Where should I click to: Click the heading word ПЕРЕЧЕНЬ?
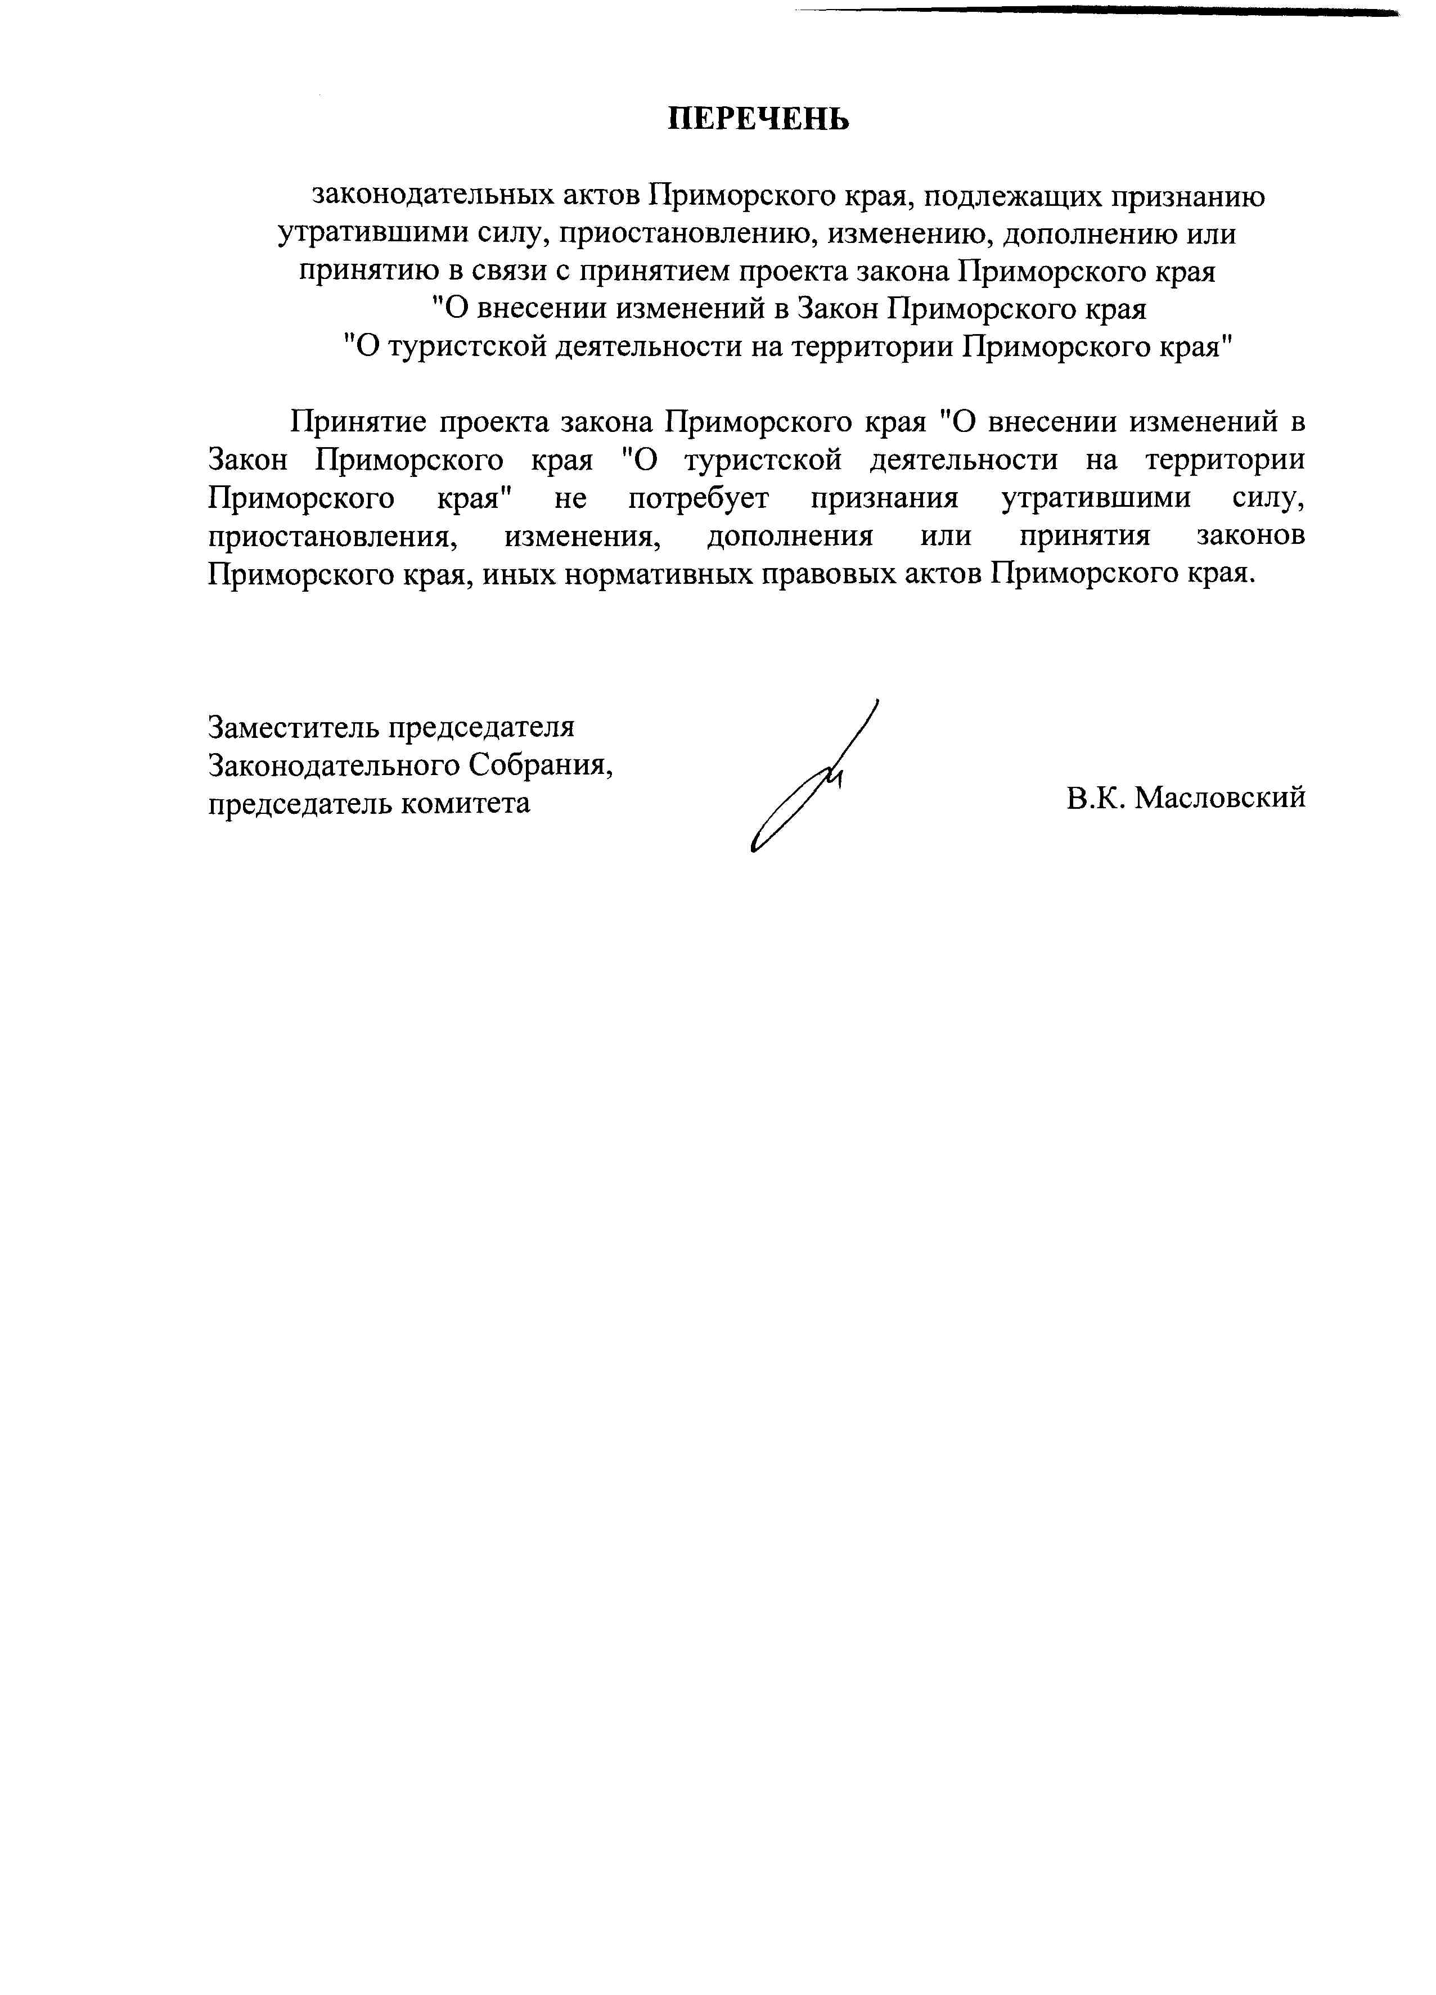[758, 119]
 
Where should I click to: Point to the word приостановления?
[334, 537]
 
